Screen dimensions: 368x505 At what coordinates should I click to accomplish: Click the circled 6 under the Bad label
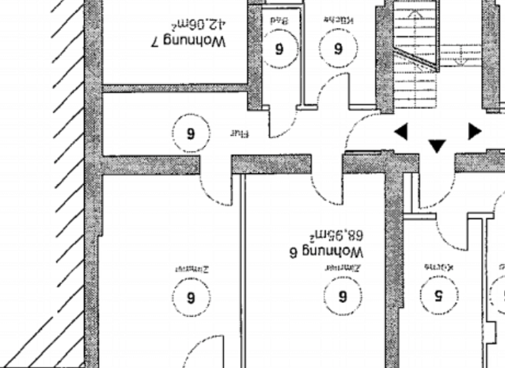[279, 48]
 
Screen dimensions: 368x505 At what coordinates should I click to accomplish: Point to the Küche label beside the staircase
[339, 21]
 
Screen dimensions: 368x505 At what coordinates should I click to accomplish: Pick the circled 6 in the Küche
[339, 48]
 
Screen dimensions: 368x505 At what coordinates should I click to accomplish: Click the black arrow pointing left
[400, 132]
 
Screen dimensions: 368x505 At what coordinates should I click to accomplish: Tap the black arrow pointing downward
[437, 145]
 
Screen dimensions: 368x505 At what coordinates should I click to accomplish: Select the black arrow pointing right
[474, 131]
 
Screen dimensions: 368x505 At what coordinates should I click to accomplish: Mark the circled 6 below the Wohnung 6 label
[342, 296]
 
